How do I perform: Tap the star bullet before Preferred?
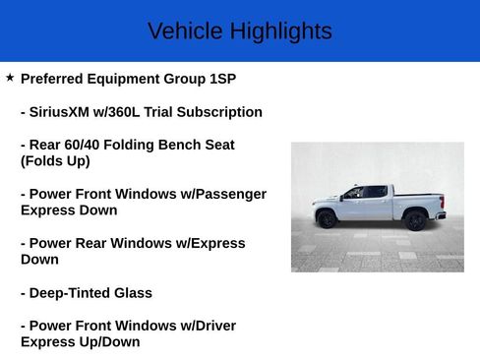(10, 77)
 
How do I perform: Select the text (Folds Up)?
(55, 161)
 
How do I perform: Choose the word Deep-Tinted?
(75, 293)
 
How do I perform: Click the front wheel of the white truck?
(328, 219)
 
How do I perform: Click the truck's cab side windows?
(362, 193)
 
